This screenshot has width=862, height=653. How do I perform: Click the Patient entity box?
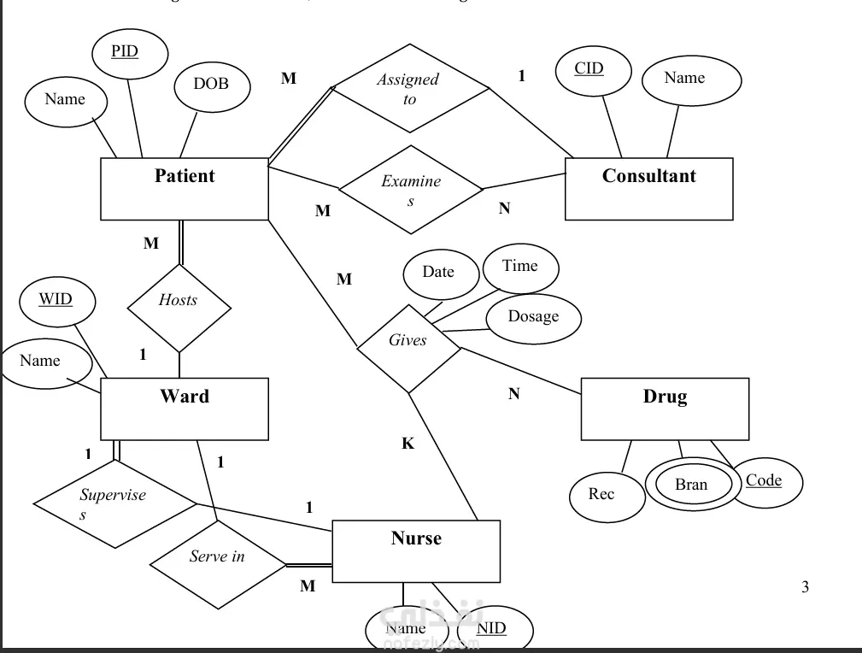pyautogui.click(x=185, y=189)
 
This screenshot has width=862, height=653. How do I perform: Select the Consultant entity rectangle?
pyautogui.click(x=648, y=189)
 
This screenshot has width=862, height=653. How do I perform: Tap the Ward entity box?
pyautogui.click(x=185, y=409)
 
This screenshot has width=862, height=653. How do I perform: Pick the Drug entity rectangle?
pyautogui.click(x=665, y=409)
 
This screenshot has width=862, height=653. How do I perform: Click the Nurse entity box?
pyautogui.click(x=416, y=551)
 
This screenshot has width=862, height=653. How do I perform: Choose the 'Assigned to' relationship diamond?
pyautogui.click(x=410, y=89)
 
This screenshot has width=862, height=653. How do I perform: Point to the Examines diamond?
pyautogui.click(x=411, y=190)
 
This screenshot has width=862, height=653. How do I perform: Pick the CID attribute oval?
pyautogui.click(x=590, y=71)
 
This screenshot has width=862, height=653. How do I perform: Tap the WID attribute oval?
pyautogui.click(x=56, y=301)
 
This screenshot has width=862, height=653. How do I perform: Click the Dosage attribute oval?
pyautogui.click(x=533, y=318)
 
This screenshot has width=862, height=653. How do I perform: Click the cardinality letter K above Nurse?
pyautogui.click(x=408, y=444)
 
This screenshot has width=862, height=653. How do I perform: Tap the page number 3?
pyautogui.click(x=805, y=586)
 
